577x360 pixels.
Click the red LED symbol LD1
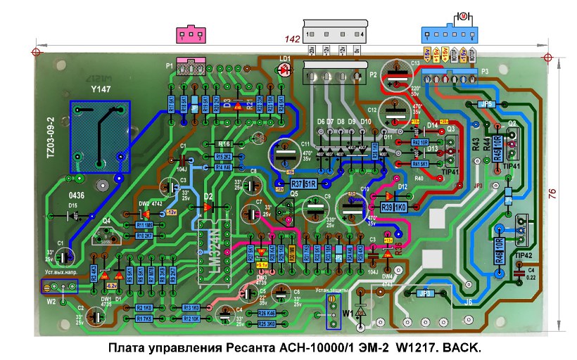[x=286, y=70]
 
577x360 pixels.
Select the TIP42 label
[x=522, y=255]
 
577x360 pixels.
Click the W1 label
[x=347, y=311]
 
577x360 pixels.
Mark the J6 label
[x=469, y=302]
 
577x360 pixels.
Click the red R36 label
[x=398, y=248]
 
